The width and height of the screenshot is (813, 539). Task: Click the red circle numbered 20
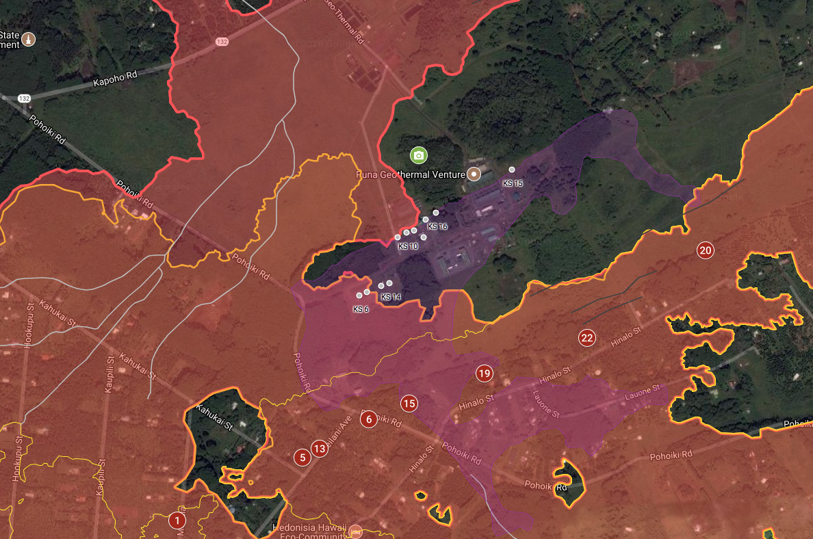(705, 250)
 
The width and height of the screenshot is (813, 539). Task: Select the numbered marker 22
(586, 337)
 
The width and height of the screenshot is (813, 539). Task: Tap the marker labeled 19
(484, 373)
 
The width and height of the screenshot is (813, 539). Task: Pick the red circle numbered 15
(409, 404)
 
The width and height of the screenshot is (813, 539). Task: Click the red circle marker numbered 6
(369, 419)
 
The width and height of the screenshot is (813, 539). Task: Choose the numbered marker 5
(302, 457)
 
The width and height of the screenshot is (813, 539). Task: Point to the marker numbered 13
(319, 449)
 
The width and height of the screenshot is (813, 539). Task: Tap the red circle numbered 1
(177, 521)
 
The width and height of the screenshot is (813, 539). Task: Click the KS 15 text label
(513, 183)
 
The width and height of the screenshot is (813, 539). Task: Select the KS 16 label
(437, 226)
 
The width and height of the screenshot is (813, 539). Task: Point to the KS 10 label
(408, 246)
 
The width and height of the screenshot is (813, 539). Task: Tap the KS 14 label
(391, 297)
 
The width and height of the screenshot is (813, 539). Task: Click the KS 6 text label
(361, 309)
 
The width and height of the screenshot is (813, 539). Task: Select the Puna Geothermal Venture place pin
(473, 174)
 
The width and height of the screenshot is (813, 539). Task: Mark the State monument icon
(29, 39)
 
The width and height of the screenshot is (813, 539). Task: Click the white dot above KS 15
(512, 170)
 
